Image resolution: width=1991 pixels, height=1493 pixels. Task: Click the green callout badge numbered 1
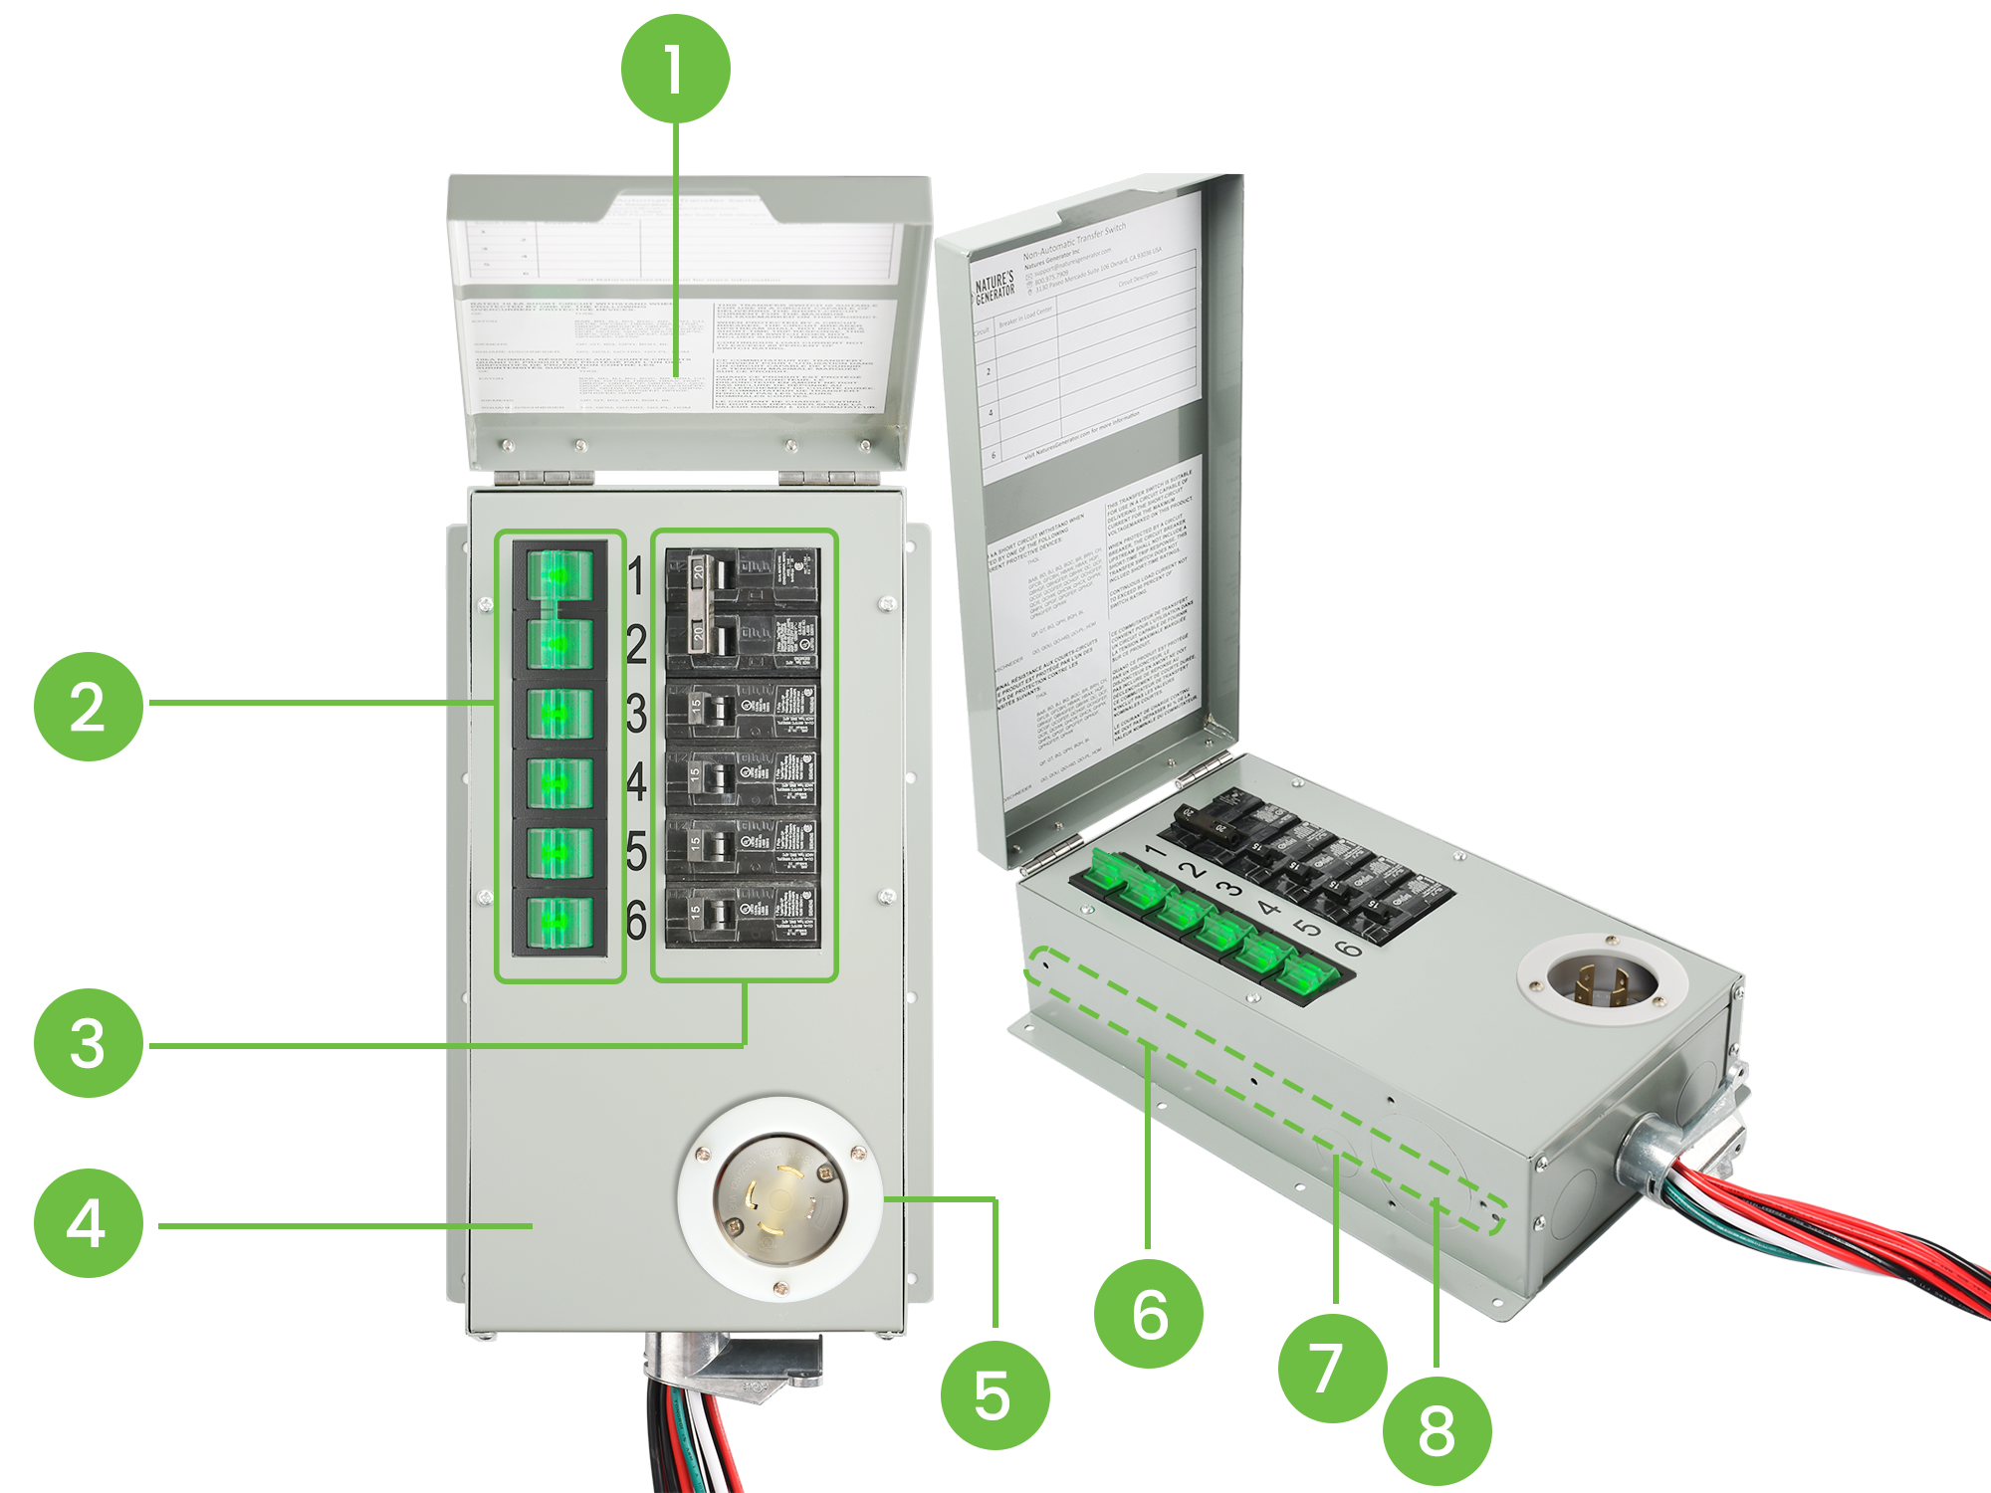coord(673,70)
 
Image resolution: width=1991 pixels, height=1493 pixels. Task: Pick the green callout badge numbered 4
coord(88,1222)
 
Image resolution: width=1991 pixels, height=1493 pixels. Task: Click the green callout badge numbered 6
coord(1149,1314)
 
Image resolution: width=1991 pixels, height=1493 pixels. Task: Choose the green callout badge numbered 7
coord(1328,1368)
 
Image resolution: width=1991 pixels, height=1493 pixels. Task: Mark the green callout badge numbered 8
coord(1436,1431)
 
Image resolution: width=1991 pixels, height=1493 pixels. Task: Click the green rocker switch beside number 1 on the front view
coord(559,575)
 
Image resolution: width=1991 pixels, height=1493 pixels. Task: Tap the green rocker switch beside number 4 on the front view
coord(559,783)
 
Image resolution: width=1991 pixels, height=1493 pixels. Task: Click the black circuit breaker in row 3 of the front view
coord(743,711)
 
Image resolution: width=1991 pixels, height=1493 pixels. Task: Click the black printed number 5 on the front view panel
coord(637,852)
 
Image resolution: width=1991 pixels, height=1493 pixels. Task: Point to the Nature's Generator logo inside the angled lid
coord(994,287)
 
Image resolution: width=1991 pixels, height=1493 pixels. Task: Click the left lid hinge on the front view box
coord(546,477)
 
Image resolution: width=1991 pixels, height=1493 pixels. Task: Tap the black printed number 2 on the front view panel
coord(637,645)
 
